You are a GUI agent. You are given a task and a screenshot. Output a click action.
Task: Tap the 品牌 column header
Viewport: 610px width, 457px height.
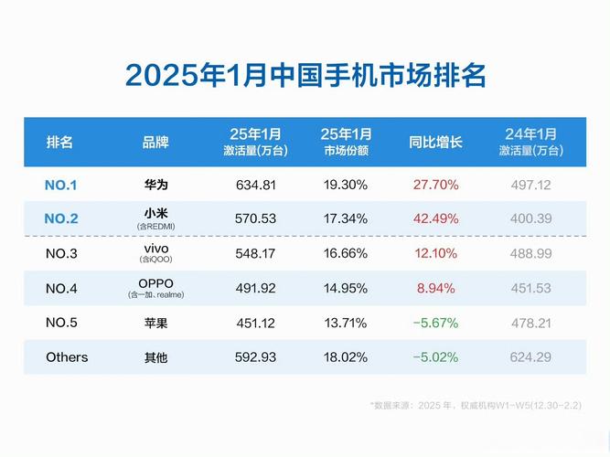click(155, 143)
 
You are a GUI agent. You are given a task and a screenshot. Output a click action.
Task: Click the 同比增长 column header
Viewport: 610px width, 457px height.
click(435, 143)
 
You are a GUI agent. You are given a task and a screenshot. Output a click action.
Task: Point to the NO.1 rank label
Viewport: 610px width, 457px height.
click(61, 185)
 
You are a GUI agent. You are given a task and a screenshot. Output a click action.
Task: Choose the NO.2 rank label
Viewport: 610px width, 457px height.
click(61, 218)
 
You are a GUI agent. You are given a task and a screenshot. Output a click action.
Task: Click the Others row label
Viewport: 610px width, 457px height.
click(67, 357)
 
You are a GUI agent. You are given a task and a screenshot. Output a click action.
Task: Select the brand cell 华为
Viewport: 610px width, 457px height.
click(155, 185)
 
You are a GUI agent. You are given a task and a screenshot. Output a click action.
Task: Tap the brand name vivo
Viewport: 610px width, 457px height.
click(156, 249)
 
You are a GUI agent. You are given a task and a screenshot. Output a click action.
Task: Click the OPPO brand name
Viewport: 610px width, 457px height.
click(155, 282)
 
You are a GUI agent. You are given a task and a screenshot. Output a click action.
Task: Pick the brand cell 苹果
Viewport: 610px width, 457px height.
click(155, 323)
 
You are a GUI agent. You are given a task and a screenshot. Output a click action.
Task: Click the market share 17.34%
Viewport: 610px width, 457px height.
click(345, 218)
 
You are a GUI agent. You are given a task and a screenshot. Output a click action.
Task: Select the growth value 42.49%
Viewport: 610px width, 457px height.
click(435, 218)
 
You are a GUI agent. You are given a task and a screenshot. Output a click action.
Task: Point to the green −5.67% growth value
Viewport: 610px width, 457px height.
click(435, 323)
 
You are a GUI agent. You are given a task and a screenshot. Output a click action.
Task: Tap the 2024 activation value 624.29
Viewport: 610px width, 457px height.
click(530, 357)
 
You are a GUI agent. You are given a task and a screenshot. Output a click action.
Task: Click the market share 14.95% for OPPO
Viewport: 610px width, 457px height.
click(345, 288)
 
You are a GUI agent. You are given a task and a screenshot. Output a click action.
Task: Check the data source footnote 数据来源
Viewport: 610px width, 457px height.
click(476, 404)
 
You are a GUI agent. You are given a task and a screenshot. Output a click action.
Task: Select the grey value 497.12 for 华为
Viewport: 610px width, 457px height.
click(530, 185)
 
